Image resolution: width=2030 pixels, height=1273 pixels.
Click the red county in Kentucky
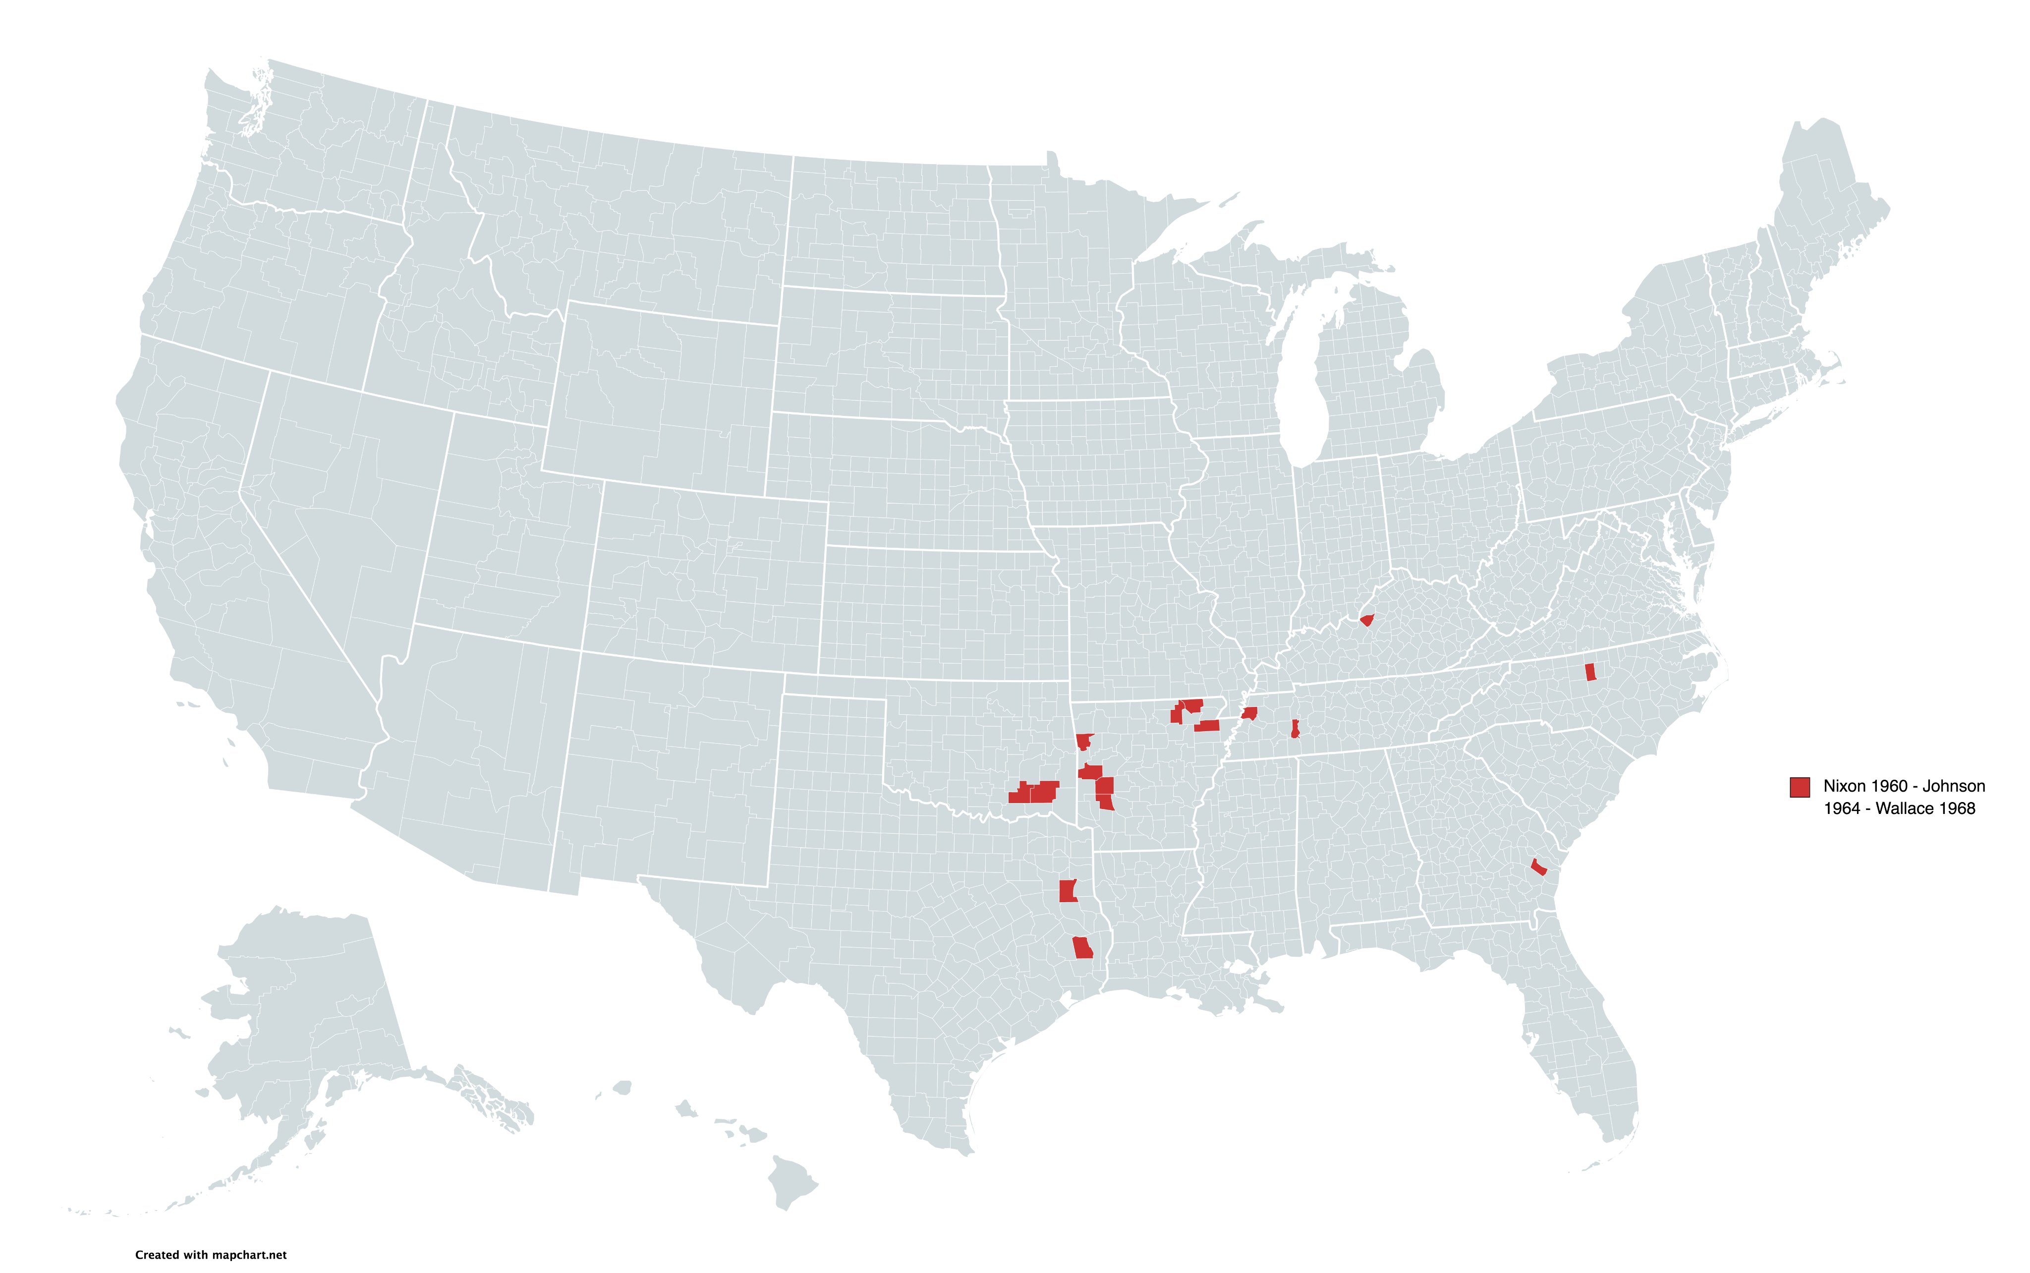(x=1367, y=621)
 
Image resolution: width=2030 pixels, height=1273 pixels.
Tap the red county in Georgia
(x=1538, y=867)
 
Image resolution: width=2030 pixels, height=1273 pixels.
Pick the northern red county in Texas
(x=1067, y=891)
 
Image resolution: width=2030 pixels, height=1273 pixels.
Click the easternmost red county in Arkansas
(x=1207, y=726)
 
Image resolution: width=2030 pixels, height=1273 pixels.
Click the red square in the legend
(x=1800, y=786)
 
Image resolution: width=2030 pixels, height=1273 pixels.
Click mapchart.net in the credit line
(x=249, y=1255)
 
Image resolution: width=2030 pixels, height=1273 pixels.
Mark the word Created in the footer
(x=157, y=1255)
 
